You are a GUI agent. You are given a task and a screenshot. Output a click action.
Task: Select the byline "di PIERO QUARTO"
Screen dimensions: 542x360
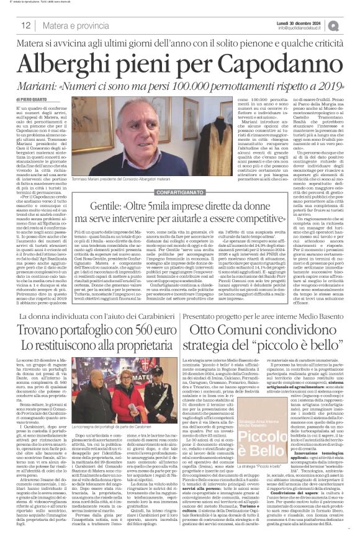30,99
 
